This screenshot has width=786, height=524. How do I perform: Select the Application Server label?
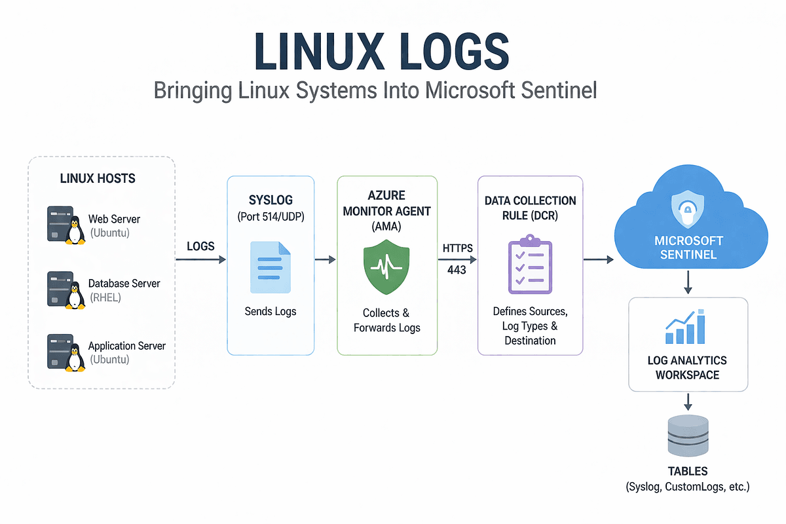[x=127, y=346]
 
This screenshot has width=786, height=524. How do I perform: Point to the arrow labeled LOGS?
[x=200, y=260]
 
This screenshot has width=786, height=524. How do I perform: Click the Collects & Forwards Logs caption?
[x=386, y=320]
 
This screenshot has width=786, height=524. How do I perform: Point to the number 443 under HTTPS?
[x=457, y=270]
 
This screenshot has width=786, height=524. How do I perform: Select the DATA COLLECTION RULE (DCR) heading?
[x=530, y=208]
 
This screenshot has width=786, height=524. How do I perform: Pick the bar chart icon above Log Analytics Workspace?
[x=687, y=328]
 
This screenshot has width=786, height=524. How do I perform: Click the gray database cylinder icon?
[x=688, y=435]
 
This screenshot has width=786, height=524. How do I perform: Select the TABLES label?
[x=688, y=472]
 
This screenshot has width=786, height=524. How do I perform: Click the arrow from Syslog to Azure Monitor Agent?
[x=326, y=260]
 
